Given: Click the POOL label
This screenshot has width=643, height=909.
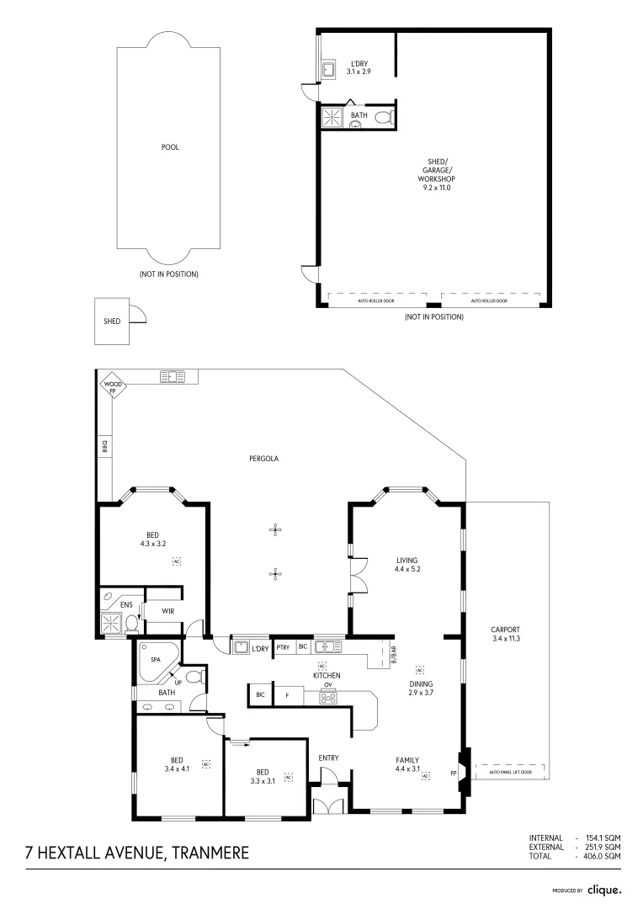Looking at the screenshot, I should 170,146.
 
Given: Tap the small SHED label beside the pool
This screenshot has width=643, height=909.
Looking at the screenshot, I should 111,322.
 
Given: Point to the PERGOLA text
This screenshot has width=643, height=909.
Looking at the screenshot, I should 263,459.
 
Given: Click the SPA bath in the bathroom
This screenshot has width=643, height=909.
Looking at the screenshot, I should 157,661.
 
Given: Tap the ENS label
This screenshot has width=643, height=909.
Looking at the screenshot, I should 126,604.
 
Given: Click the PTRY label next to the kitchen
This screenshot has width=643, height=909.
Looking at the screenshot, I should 284,648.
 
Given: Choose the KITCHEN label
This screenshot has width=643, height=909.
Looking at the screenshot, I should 326,676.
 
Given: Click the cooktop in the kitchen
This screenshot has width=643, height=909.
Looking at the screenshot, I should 328,697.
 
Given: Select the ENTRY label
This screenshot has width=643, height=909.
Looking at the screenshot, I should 328,758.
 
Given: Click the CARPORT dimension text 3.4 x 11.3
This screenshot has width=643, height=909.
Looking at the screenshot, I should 506,639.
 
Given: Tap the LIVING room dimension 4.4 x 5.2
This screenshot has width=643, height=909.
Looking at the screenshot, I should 407,570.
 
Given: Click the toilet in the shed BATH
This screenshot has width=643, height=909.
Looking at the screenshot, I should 383,118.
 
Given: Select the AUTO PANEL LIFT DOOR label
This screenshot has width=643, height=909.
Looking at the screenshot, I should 510,772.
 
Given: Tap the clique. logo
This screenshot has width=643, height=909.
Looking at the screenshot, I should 604,889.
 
